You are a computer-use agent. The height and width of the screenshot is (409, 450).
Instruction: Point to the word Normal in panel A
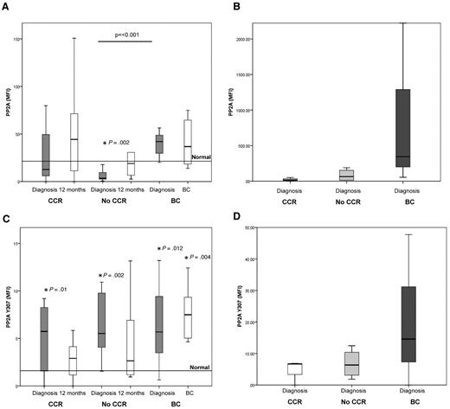coord(201,157)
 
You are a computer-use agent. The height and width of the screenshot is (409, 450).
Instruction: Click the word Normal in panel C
coord(201,367)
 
